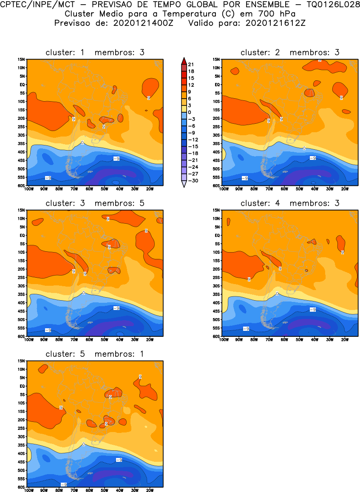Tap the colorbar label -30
click(192, 181)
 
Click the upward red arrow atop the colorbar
click(183, 60)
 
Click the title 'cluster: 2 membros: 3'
click(290, 52)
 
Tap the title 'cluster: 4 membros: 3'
click(290, 203)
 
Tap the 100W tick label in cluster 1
click(29, 189)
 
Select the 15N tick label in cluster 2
click(216, 60)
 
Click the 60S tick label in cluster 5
click(21, 488)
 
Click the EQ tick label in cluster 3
click(23, 235)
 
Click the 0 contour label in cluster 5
click(83, 444)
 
